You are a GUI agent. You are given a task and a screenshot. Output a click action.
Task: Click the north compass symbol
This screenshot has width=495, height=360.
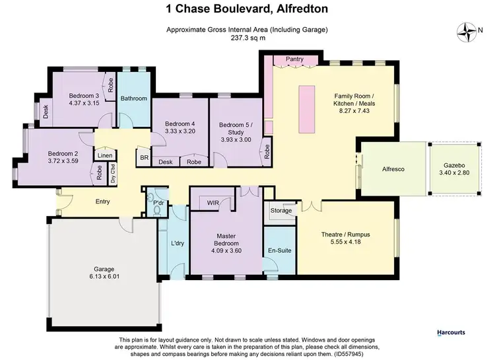pos(469,31)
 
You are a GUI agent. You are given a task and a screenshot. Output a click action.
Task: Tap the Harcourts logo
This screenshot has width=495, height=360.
pos(455,333)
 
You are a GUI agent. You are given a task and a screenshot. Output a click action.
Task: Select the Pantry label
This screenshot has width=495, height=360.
pos(294,59)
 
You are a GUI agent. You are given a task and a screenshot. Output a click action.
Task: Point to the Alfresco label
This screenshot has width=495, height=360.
pos(393,169)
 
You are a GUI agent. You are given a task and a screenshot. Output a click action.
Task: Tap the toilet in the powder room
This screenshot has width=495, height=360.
pos(156,210)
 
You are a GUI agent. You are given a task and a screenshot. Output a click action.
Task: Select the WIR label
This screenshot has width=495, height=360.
pos(213,203)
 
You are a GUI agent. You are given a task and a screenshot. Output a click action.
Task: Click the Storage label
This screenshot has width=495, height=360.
pos(280,211)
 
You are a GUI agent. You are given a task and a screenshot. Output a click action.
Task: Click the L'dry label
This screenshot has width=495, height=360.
pos(177,244)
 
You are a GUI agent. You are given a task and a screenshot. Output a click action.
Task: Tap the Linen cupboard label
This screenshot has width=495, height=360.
pos(103,156)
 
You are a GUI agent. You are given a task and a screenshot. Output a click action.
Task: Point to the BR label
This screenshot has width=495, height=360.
pos(144,158)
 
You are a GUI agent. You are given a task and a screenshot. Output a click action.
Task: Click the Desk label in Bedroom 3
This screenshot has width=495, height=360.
pos(46,112)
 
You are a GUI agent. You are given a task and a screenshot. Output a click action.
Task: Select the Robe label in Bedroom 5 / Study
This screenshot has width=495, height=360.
pos(267,152)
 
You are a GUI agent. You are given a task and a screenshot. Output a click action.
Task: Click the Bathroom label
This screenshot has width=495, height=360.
pos(134,98)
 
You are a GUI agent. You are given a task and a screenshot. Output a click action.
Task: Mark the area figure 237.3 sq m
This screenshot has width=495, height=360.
pos(247,38)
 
